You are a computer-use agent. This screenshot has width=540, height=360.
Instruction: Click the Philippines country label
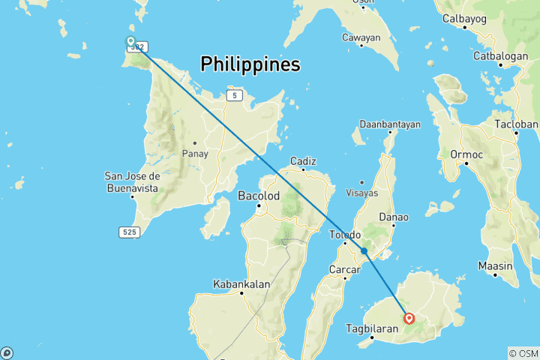(x=250, y=65)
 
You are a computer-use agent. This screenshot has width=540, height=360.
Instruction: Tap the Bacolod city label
(x=258, y=196)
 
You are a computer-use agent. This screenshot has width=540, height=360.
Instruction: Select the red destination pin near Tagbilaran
(x=409, y=319)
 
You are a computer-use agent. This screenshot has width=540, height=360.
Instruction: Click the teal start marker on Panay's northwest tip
(x=130, y=41)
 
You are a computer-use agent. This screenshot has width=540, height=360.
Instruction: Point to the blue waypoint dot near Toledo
(x=364, y=251)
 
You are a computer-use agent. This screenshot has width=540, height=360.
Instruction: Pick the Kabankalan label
(x=241, y=283)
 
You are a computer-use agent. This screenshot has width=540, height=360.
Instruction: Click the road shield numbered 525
(x=129, y=232)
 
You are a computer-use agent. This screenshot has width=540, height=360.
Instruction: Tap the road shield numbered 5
(x=236, y=95)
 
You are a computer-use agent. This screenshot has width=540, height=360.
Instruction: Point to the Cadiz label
(x=303, y=160)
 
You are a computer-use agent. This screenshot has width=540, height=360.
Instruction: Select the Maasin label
(x=498, y=265)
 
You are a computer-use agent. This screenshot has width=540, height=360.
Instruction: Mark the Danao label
(x=394, y=217)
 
